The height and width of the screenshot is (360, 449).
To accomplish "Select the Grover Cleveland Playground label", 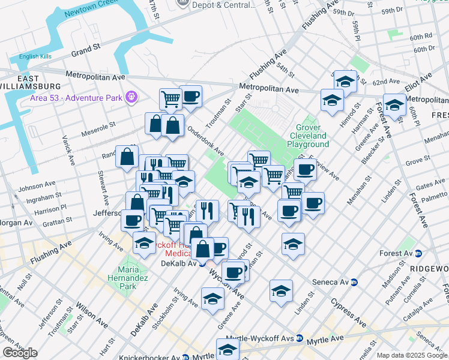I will coord(308,136).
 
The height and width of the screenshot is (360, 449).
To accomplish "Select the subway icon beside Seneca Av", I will coord(354,281).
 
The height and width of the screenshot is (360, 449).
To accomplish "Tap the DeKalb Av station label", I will coord(179,263).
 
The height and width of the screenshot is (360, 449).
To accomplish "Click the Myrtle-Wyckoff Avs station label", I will coord(267,339).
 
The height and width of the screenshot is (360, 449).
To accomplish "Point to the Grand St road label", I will coord(86,47).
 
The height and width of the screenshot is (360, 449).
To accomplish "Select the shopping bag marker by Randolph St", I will coord(127,157).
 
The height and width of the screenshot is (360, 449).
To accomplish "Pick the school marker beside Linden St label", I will coord(281,291).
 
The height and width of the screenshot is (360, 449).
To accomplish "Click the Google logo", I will coord(20,353).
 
